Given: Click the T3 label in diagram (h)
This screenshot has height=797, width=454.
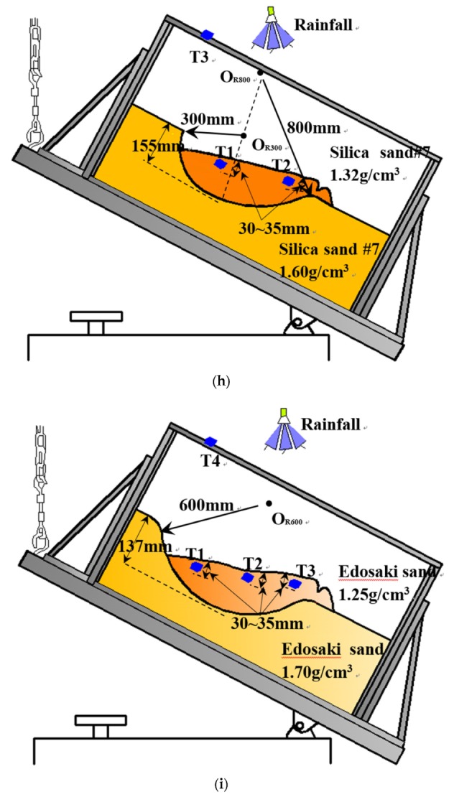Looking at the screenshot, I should pos(199,55).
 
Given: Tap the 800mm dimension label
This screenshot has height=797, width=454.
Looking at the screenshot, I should pos(315,129).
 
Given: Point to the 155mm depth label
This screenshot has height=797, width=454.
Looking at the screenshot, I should pos(154,147).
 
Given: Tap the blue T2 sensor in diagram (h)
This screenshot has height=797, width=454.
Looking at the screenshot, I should pos(289,180).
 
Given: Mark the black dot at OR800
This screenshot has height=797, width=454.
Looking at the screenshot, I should pos(259,73).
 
